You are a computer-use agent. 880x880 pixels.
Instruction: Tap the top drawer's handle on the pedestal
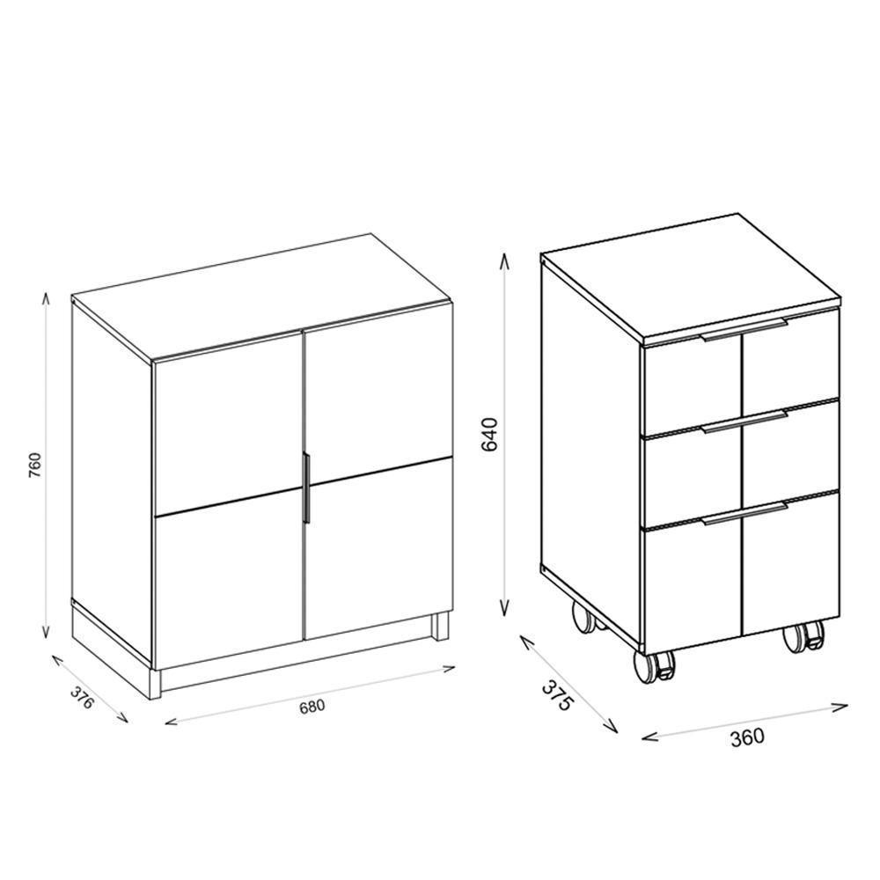coord(744,331)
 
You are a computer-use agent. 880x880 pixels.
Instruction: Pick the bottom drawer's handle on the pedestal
coord(744,515)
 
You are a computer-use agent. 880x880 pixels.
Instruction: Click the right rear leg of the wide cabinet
coord(439,627)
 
